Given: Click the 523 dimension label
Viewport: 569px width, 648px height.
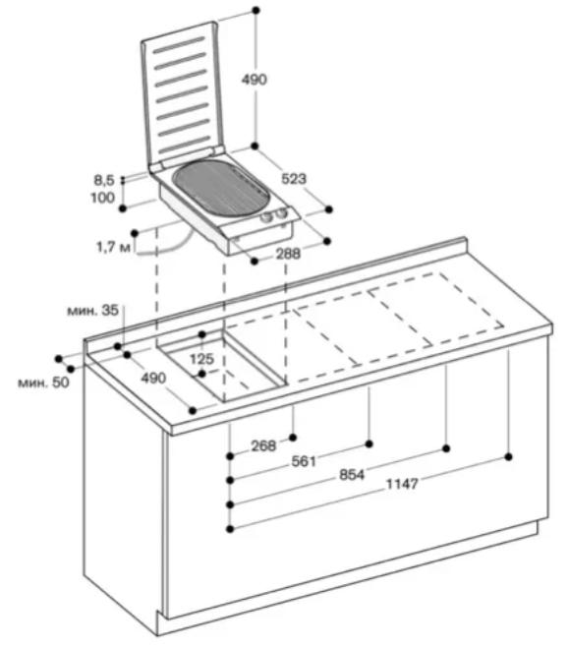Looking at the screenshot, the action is (294, 179).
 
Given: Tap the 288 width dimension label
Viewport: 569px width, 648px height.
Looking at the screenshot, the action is (288, 254).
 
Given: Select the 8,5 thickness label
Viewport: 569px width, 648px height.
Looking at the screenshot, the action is (104, 180).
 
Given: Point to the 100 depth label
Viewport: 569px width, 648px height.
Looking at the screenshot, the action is (102, 197).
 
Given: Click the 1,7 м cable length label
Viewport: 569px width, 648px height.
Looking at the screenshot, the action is (113, 247).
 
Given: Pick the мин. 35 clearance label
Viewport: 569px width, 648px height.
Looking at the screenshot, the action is (93, 310).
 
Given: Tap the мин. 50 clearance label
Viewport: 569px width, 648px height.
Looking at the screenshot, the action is (43, 383).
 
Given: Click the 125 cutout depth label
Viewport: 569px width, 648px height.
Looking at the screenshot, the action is (201, 358).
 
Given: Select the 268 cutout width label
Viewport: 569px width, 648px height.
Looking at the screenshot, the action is (263, 445).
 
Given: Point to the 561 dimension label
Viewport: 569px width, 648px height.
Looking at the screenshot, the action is (304, 461).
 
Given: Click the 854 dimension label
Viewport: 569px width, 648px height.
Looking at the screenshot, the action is (352, 474).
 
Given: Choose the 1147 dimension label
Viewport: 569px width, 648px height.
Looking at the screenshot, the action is (402, 484).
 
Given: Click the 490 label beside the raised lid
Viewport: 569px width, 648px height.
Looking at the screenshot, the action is (255, 80).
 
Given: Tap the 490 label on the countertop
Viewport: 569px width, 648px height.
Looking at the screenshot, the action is (153, 378).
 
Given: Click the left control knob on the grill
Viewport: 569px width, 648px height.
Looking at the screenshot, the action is (266, 217).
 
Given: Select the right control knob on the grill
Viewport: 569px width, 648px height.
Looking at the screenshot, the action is (281, 213).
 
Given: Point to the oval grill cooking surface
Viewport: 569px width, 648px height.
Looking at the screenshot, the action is (222, 189).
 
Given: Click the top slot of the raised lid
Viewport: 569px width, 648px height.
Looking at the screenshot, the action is (179, 44).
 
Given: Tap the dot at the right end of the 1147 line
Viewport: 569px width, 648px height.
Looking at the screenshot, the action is (509, 456).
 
